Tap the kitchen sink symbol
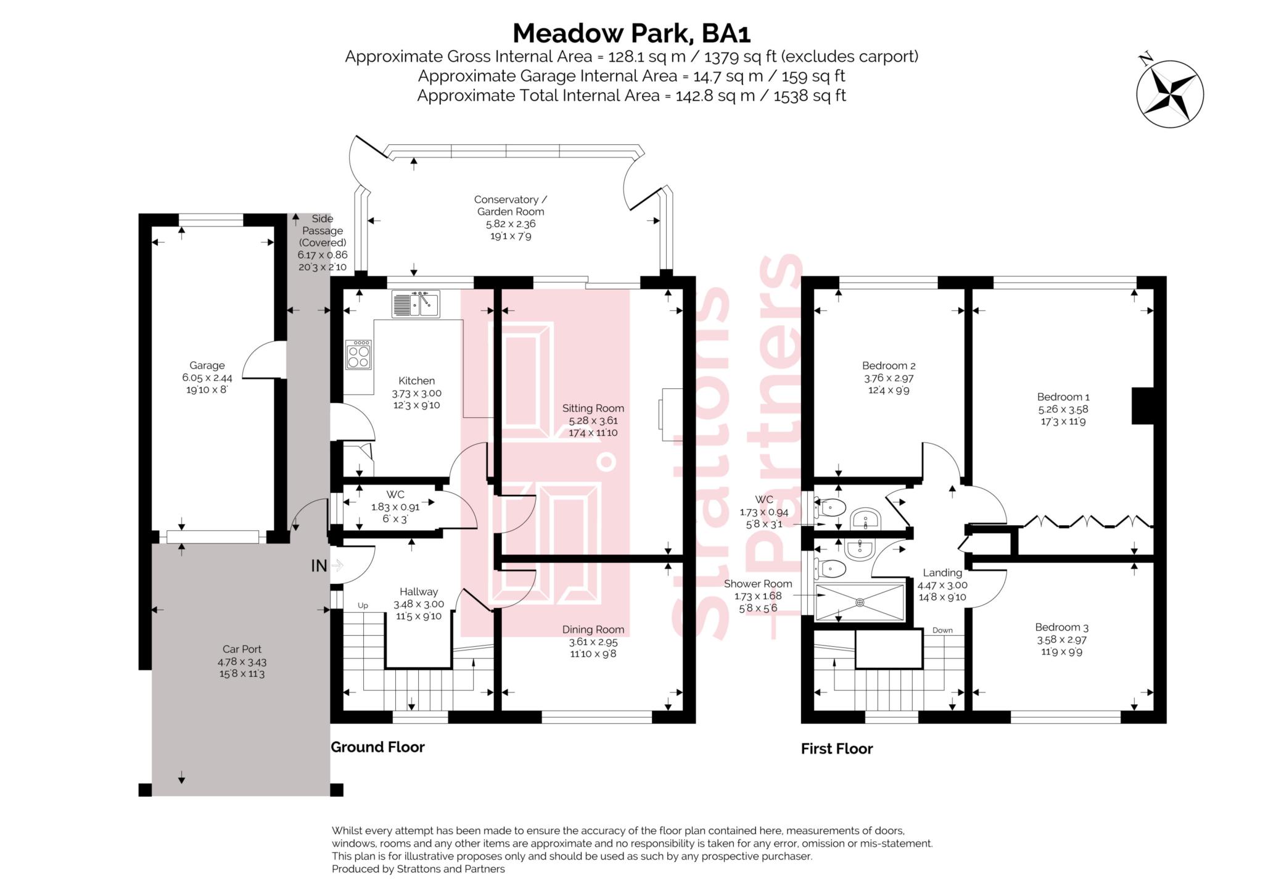coord(416,304)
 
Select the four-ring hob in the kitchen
coord(359,355)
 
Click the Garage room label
coord(207,365)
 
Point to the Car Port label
coord(242,649)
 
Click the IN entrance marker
coord(319,566)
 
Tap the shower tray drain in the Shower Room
coord(860,602)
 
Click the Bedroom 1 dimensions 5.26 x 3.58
coord(1063,409)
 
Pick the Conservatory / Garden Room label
coord(510,206)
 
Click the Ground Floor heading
coord(377,747)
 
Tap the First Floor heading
coord(836,749)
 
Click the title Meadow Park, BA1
coord(631,33)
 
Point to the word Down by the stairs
coord(942,630)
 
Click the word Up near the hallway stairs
coord(363,605)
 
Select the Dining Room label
coord(593,630)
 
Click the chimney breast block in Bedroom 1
coord(1142,405)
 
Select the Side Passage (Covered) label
coord(322,230)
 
